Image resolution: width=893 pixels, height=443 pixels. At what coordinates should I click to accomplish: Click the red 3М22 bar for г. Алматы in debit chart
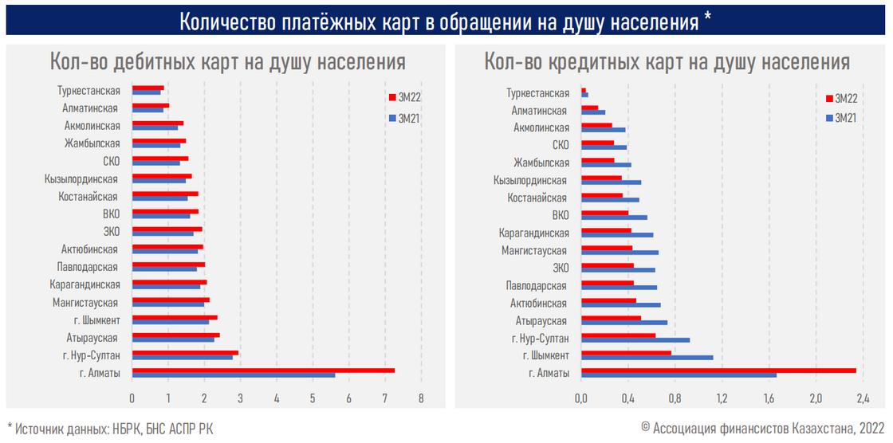(x=263, y=370)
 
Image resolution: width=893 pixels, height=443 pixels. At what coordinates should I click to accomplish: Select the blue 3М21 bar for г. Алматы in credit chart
(x=679, y=375)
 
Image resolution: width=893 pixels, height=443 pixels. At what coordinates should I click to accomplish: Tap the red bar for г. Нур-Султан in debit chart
(x=185, y=353)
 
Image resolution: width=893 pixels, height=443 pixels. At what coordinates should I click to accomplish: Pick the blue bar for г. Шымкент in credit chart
(x=647, y=358)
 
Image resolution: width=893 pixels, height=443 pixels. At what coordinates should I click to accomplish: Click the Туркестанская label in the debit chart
(x=89, y=91)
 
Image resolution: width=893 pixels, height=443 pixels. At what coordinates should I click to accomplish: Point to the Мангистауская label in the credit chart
(x=535, y=251)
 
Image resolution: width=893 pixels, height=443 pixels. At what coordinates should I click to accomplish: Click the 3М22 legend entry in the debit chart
(x=407, y=97)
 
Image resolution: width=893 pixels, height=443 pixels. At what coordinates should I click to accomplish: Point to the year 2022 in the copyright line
(x=871, y=428)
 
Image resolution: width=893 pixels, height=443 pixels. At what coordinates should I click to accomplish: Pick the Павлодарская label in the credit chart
(x=536, y=285)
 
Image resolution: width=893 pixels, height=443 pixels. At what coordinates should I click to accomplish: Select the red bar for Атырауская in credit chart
(x=611, y=319)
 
